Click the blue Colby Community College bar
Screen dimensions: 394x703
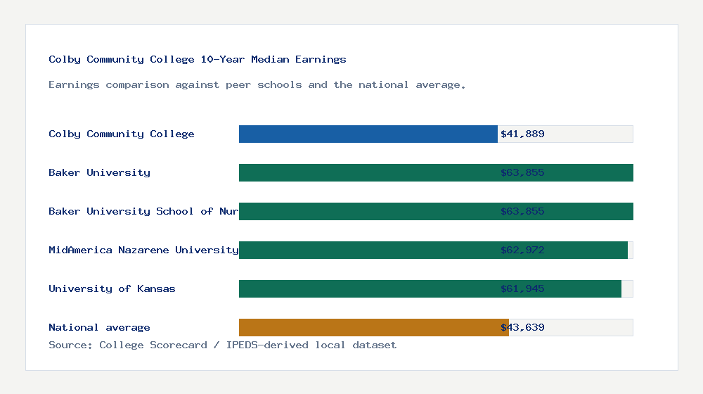pos(368,134)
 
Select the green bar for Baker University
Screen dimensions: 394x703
pos(366,172)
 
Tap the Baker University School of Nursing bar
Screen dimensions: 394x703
pos(366,211)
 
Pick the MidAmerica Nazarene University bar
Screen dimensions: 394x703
pos(366,250)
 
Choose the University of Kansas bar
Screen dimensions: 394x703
pos(366,288)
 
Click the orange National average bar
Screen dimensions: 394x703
pos(373,327)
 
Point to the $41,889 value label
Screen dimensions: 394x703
pos(522,134)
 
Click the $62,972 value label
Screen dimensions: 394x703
pos(522,250)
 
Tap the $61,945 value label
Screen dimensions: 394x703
pos(522,288)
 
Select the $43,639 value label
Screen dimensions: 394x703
pos(522,327)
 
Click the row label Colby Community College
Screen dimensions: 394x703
pos(122,134)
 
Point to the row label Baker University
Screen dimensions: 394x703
pos(99,172)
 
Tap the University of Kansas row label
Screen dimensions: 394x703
pos(112,288)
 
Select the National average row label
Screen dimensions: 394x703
pos(99,327)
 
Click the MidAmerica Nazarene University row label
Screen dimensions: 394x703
pos(143,250)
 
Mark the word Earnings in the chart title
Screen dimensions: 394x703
pos(321,59)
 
